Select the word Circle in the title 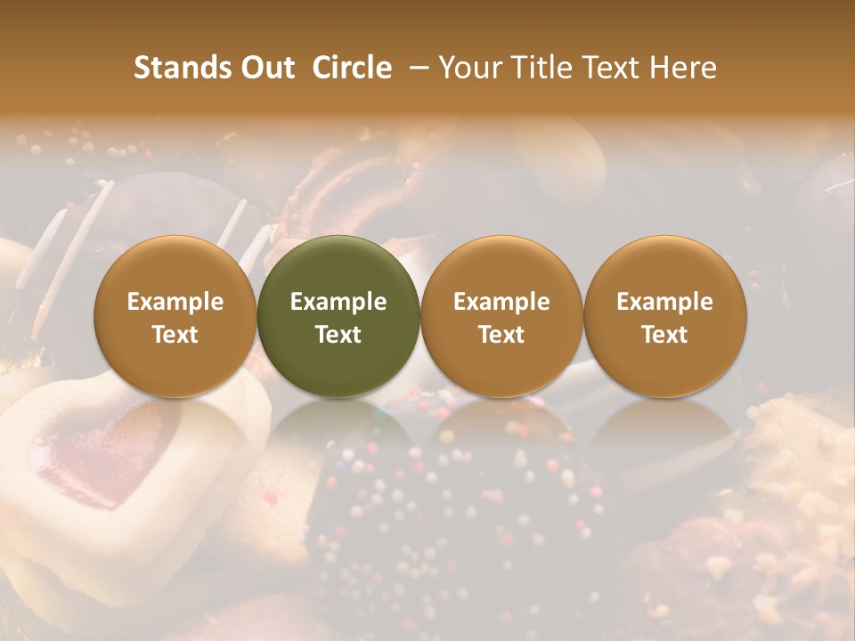click(352, 68)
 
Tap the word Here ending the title click(683, 68)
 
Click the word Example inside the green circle click(338, 302)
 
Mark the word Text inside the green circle click(338, 335)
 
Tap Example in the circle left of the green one click(175, 302)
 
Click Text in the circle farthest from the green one click(664, 335)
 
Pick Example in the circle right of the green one click(501, 302)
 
